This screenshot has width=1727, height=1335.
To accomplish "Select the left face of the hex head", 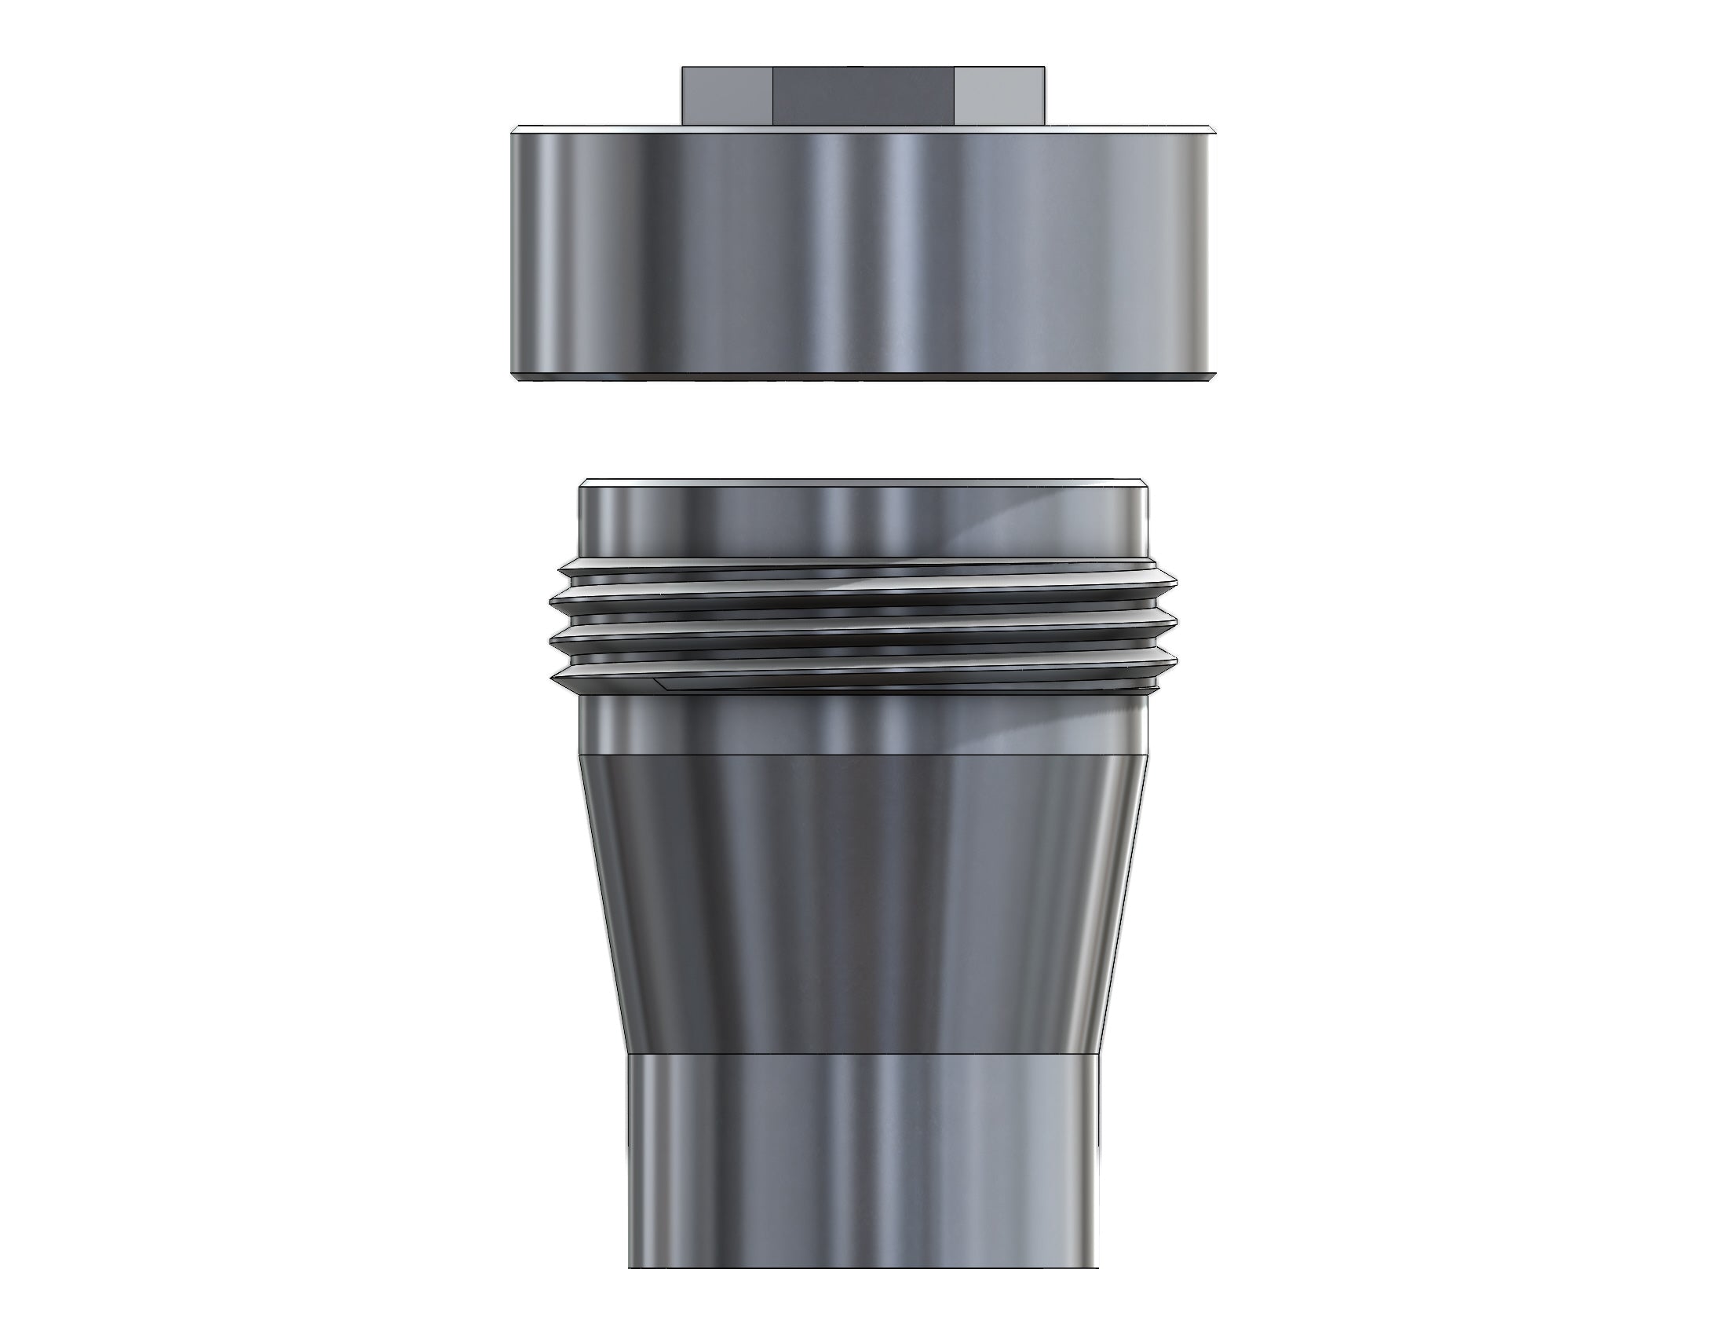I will (x=726, y=97).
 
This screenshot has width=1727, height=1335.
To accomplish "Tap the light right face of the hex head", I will (x=999, y=97).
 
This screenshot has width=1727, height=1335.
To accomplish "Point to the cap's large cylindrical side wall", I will (x=863, y=253).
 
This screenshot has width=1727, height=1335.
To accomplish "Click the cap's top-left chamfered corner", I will (x=516, y=130).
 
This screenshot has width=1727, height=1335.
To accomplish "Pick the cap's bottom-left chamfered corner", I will (x=516, y=378).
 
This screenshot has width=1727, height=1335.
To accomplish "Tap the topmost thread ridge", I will (x=863, y=566).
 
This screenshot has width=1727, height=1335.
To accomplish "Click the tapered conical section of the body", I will (x=863, y=902).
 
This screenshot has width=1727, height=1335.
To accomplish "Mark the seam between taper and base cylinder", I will (x=863, y=1054).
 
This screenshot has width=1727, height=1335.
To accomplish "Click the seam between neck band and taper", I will (x=863, y=755).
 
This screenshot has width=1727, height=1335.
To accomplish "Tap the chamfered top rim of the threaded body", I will (x=863, y=482).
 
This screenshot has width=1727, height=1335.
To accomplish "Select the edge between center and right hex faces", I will (x=955, y=97).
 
